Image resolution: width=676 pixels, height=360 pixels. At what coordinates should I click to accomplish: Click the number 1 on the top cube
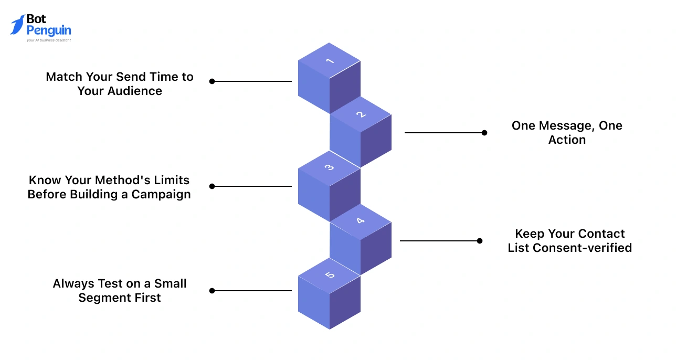coord(330,61)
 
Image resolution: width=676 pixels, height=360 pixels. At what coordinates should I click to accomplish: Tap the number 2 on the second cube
coord(361,114)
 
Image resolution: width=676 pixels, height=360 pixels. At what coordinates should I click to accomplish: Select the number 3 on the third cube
coord(330,168)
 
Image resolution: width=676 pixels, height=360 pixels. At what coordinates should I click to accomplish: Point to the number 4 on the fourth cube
coord(361,221)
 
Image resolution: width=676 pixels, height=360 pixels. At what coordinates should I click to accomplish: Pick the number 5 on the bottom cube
coord(330,274)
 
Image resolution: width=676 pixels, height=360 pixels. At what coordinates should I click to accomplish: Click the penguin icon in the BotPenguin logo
coord(17,25)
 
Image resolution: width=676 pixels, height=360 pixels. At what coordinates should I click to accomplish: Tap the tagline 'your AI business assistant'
coord(49,40)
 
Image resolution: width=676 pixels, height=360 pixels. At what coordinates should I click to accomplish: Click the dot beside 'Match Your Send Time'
coord(212,81)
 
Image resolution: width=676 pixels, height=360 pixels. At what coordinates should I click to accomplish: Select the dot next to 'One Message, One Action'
coord(484,133)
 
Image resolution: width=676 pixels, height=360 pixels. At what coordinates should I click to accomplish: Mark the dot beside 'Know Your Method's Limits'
coord(212,186)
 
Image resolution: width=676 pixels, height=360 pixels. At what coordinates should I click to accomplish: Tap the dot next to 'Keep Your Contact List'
coord(480,241)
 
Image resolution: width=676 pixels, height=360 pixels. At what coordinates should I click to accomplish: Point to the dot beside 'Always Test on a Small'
coord(212,290)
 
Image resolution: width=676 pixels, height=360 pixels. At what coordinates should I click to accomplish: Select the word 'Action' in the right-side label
coord(567,140)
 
